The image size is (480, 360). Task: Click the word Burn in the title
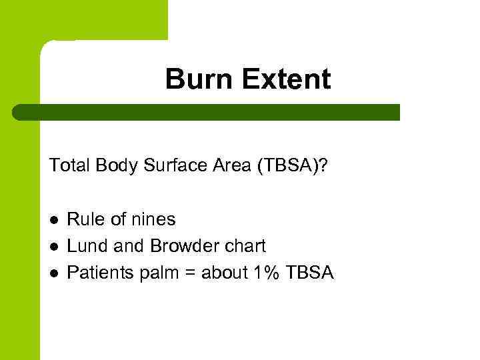tap(199, 79)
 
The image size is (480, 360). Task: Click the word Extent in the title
tap(286, 79)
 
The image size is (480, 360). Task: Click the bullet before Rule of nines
tap(53, 219)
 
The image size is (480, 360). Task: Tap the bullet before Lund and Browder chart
tap(53, 246)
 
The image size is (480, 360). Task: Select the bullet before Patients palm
tap(53, 273)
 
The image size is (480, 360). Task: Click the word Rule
tap(85, 219)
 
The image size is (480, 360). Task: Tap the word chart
tap(245, 246)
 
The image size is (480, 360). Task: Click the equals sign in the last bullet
tap(189, 273)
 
